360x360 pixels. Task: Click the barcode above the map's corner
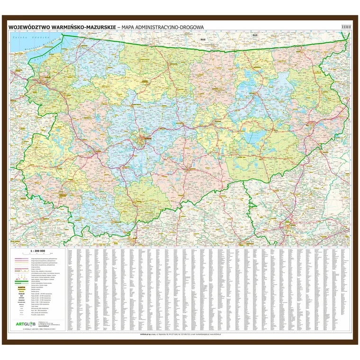pyautogui.click(x=344, y=28)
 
